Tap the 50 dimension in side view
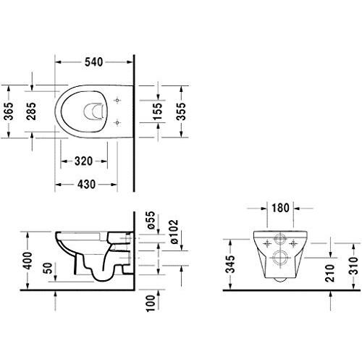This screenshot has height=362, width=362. pos(48,270)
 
